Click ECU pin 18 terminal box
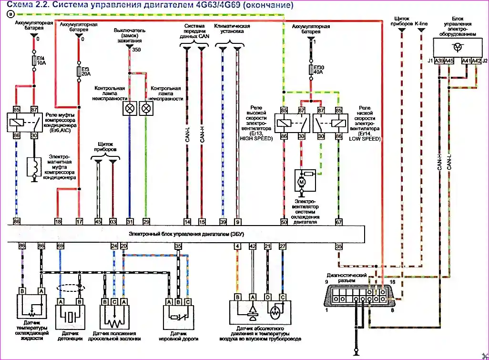tap(58, 222)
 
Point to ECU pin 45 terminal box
tap(98, 222)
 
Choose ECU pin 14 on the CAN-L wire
tap(187, 222)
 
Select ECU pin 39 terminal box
tap(223, 222)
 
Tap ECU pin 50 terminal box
tap(284, 222)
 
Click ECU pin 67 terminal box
tap(338, 222)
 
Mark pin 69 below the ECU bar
tap(60, 246)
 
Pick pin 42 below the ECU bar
tap(253, 246)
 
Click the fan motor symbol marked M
tap(302, 182)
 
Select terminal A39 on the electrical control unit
tap(439, 61)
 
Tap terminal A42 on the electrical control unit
tap(476, 61)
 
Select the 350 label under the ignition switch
tap(136, 50)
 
